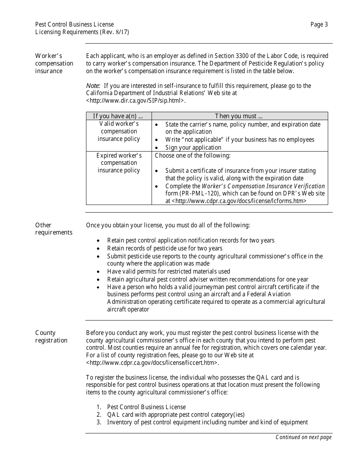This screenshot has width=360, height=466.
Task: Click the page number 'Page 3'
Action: pyautogui.click(x=319, y=25)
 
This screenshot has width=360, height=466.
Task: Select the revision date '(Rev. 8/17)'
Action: pyautogui.click(x=115, y=32)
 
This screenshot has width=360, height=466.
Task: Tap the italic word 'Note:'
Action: pyautogui.click(x=93, y=86)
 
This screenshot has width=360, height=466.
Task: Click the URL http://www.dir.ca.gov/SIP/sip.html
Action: pyautogui.click(x=136, y=101)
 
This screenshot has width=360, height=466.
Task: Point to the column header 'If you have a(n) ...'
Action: pyautogui.click(x=118, y=116)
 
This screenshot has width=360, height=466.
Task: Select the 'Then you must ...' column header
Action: pyautogui.click(x=239, y=116)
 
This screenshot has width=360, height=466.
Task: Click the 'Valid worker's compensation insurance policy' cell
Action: pyautogui.click(x=119, y=131)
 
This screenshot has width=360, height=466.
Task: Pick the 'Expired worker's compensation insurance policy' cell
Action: pyautogui.click(x=119, y=163)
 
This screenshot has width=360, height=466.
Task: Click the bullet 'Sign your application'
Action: pyautogui.click(x=193, y=147)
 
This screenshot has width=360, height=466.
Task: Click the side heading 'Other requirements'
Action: pyautogui.click(x=53, y=229)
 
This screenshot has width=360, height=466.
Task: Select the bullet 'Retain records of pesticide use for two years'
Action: pyautogui.click(x=164, y=249)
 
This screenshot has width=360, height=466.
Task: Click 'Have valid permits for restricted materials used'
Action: pyautogui.click(x=168, y=271)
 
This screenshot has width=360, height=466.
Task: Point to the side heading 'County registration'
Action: pyautogui.click(x=51, y=336)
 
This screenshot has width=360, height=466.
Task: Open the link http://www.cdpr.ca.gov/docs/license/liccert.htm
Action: pyautogui.click(x=152, y=363)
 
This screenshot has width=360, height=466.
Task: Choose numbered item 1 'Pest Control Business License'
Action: pyautogui.click(x=146, y=407)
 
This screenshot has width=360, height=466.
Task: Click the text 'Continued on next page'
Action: pyautogui.click(x=303, y=437)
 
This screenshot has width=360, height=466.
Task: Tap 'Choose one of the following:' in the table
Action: pyautogui.click(x=193, y=155)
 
